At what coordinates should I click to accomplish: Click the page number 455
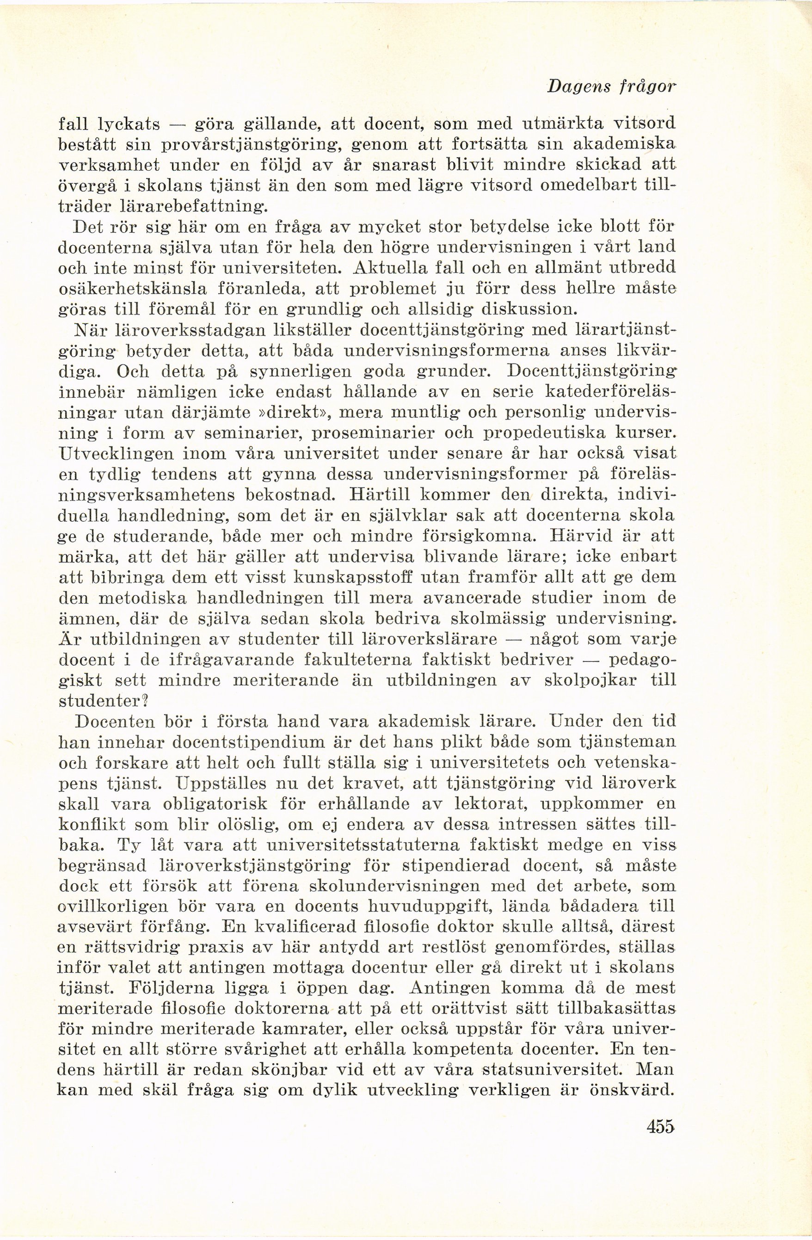click(x=660, y=1122)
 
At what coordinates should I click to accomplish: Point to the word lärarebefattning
click(x=193, y=207)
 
